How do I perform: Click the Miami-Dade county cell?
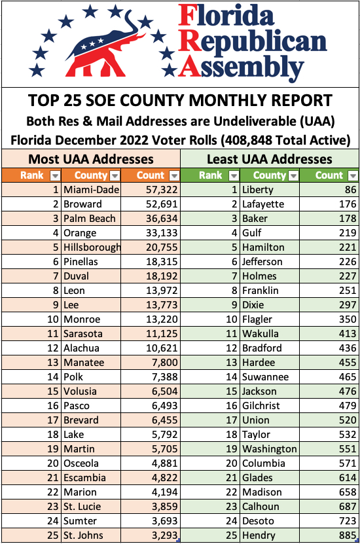click(91, 190)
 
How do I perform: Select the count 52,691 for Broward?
click(162, 204)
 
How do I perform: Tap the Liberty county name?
click(258, 190)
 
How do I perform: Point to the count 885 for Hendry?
click(348, 535)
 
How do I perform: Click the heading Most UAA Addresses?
click(91, 159)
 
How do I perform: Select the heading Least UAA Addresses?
click(270, 159)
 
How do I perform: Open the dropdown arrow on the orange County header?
click(115, 176)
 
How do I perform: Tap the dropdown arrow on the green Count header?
click(353, 176)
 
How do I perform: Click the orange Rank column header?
click(32, 175)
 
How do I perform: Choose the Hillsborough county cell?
click(92, 247)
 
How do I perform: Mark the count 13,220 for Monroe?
click(162, 319)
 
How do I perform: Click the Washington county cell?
click(270, 449)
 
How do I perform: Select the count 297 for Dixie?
click(348, 305)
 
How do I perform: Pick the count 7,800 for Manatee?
click(165, 363)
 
